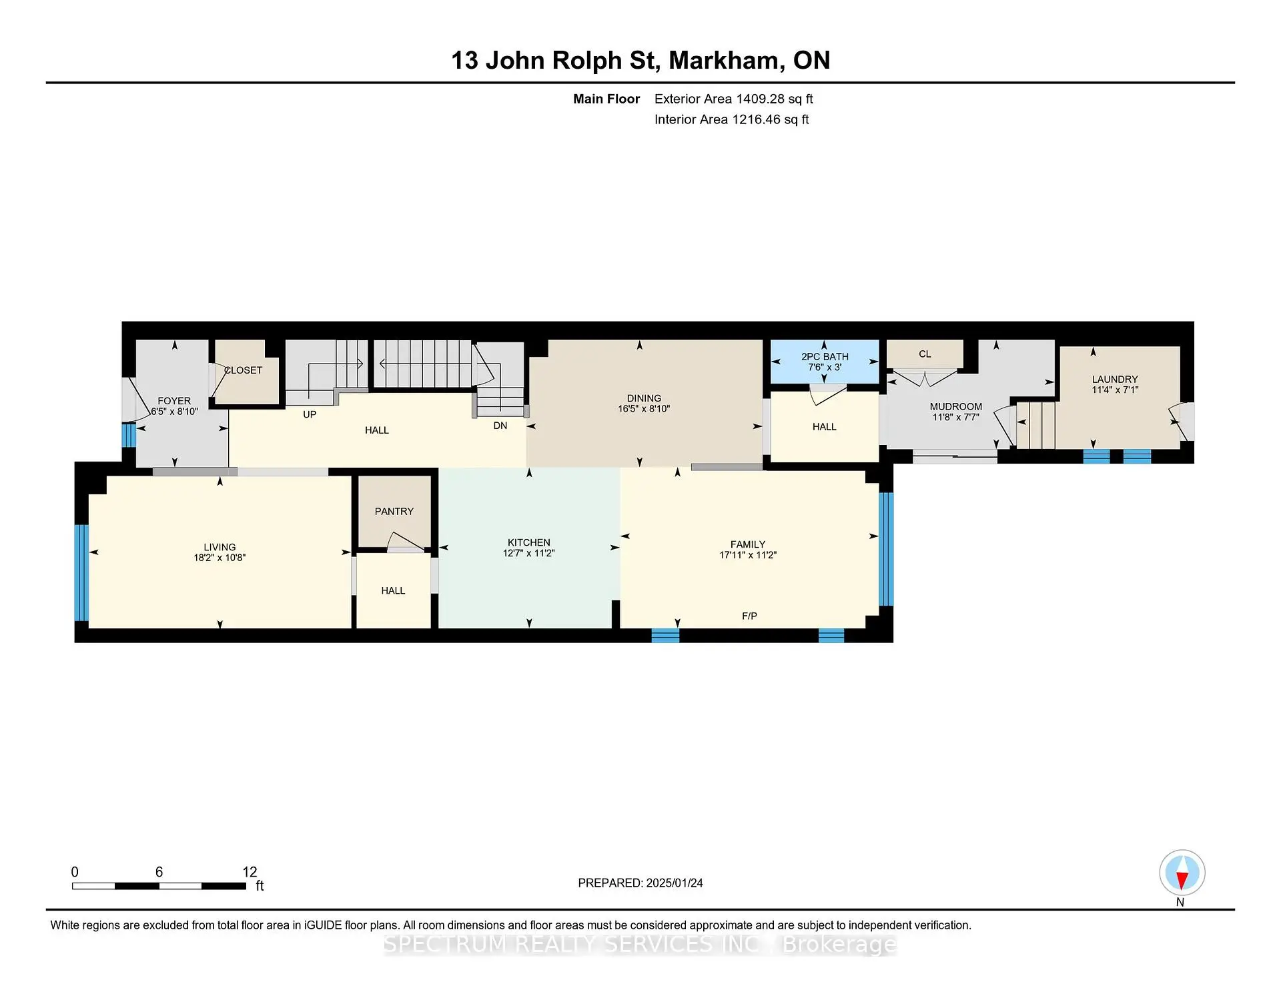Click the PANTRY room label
tap(394, 512)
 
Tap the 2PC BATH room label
tap(825, 357)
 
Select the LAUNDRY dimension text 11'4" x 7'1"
tap(1114, 390)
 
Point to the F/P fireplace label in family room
tap(749, 616)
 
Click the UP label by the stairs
tap(310, 414)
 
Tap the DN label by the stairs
tap(500, 426)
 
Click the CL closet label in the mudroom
tap(924, 354)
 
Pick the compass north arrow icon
tap(1182, 873)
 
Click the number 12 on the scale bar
tap(250, 872)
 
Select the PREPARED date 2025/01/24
tap(674, 883)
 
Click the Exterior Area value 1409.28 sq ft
tap(774, 99)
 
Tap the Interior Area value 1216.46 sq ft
tap(770, 120)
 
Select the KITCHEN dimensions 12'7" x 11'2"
tap(528, 554)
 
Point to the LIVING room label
tap(220, 547)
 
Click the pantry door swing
tap(404, 541)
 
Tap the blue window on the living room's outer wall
tap(81, 572)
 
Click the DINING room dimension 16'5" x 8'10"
tap(643, 409)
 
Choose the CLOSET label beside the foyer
tap(243, 370)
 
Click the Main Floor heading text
tap(606, 99)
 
